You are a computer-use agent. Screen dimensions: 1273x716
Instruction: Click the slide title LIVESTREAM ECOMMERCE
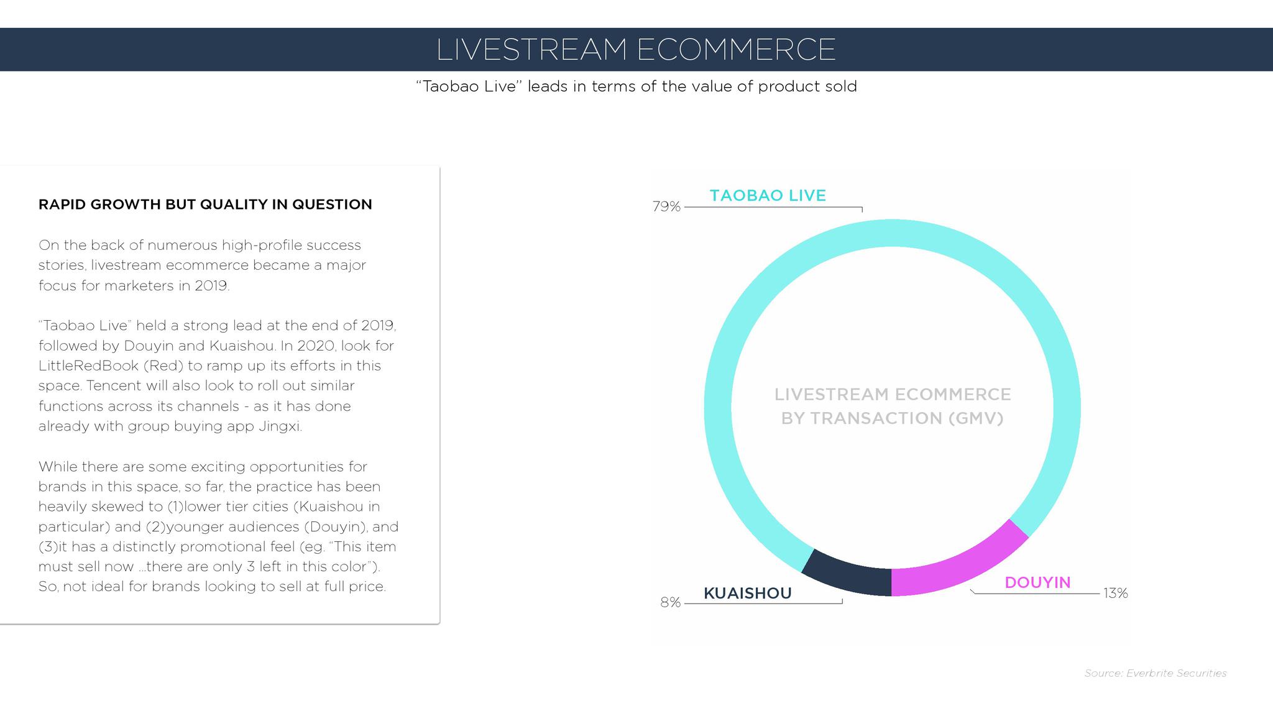coord(636,49)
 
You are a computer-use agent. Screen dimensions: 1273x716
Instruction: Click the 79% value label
coord(666,206)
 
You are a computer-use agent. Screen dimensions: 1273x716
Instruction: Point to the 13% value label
coord(1116,594)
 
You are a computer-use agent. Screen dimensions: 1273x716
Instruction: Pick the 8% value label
coord(671,602)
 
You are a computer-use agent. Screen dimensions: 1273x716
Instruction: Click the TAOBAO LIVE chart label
coord(768,195)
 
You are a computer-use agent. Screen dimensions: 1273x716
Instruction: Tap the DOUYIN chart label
coord(1037,582)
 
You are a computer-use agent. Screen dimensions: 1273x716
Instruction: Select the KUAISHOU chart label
coord(748,593)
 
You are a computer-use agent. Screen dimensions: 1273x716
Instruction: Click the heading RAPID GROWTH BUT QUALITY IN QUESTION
coord(205,204)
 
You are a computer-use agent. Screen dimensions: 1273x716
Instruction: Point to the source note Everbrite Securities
coord(1156,673)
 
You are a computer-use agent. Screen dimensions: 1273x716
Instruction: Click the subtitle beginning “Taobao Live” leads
coord(636,86)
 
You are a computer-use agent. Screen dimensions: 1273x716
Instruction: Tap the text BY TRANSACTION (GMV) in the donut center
coord(892,418)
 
